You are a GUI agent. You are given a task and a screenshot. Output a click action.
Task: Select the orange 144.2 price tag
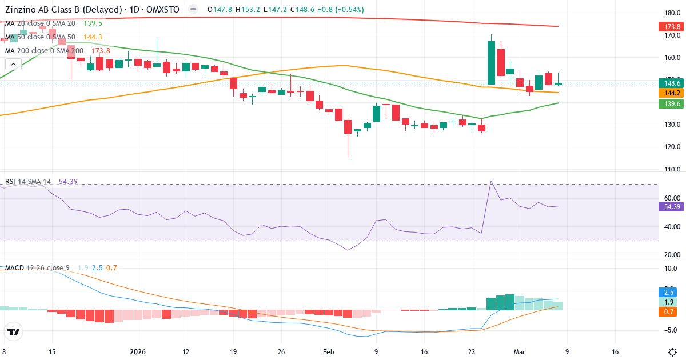point(669,93)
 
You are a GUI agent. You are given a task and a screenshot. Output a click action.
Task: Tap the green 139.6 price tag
point(669,103)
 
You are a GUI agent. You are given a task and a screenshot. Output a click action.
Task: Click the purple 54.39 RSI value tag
point(669,206)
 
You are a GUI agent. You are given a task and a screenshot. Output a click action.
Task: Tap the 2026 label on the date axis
point(138,351)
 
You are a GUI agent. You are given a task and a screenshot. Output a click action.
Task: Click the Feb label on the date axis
point(328,351)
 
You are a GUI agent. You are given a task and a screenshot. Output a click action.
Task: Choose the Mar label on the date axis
point(519,351)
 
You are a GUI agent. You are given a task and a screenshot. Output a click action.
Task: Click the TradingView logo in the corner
point(14,331)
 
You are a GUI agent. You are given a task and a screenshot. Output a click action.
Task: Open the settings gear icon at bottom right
point(673,351)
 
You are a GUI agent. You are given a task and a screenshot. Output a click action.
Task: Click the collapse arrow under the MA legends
point(13,65)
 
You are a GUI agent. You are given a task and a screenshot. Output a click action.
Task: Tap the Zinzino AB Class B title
point(63,10)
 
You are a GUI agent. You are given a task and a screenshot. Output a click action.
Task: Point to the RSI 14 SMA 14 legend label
point(28,182)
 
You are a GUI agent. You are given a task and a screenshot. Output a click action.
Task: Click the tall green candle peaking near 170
point(490,63)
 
